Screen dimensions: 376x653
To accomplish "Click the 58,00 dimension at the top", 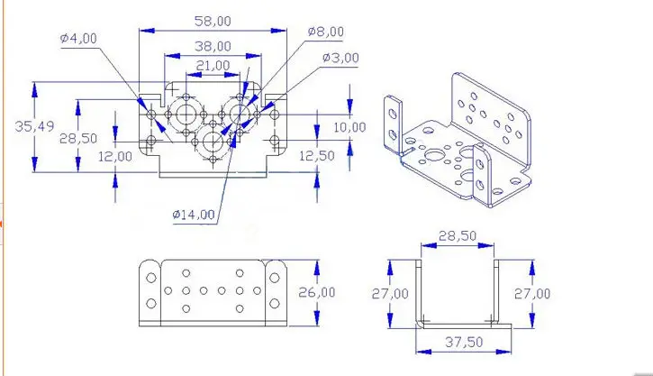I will click(213, 21).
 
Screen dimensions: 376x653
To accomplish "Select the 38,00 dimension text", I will click(213, 45).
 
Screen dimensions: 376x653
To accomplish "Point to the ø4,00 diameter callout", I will click(78, 38).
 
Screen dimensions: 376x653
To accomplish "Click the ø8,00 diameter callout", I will click(325, 32).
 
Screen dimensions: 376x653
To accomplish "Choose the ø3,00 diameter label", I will click(340, 58).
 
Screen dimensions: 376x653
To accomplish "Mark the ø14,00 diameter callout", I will click(194, 215).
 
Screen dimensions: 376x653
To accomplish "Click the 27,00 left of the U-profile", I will click(389, 293).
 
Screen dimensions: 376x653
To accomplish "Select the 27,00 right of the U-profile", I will click(531, 293).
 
